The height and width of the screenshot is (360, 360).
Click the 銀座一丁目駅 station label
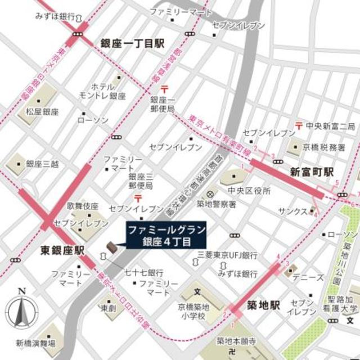[132, 44]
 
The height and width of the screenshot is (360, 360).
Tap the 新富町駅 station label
[312, 172]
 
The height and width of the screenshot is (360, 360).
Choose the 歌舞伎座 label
[83, 206]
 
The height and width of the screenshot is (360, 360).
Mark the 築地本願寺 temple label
[237, 342]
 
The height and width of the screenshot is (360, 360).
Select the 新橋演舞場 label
[35, 343]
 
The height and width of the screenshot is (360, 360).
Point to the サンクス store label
[292, 211]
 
